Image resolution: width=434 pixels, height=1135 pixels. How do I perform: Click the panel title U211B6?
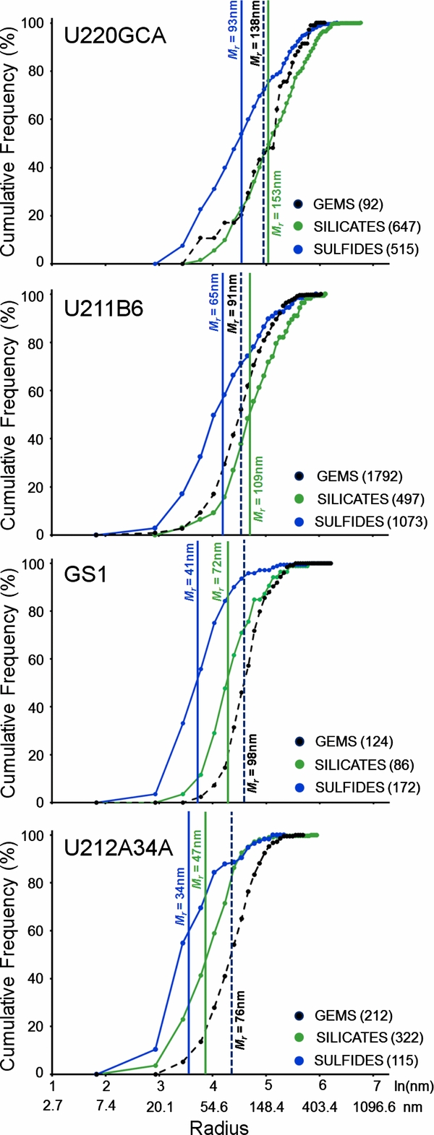pos(103,308)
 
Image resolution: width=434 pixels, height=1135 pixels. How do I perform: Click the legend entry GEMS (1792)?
pos(359,476)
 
